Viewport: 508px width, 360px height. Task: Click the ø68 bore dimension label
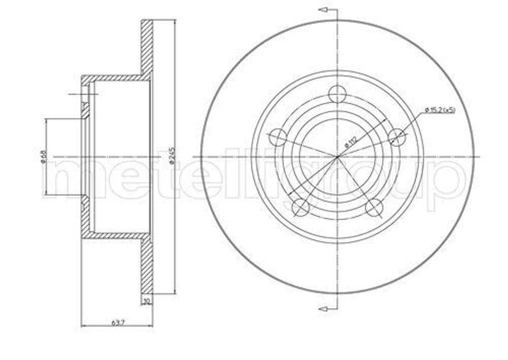tap(44, 156)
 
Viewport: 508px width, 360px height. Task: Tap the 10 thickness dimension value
tap(146, 301)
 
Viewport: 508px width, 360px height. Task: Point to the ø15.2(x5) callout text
tap(440, 110)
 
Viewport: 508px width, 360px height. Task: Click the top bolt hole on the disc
tap(337, 94)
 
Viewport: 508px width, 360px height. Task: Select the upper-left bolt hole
tap(277, 137)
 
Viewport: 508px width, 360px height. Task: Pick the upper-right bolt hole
tap(397, 137)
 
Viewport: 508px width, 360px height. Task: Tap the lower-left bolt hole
tap(300, 207)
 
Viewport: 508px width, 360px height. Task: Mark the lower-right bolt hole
tap(374, 207)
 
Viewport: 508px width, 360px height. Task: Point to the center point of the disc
tap(337, 157)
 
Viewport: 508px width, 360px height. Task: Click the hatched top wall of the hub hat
tap(114, 78)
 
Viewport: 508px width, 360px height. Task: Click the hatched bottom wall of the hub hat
tap(114, 236)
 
